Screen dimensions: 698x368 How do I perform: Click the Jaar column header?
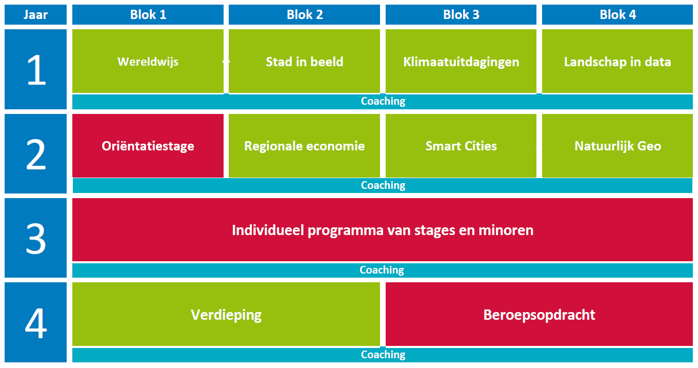(35, 14)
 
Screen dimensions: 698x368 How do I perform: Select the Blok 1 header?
(148, 14)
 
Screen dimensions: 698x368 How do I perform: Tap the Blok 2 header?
(305, 14)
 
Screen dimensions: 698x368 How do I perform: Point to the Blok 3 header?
(461, 14)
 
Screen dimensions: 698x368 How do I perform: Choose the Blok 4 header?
(617, 14)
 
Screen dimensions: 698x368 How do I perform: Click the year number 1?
(36, 70)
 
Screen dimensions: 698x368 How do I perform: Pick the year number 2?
(36, 154)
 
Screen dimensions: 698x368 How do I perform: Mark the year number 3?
(36, 239)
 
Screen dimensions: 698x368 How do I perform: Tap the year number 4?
(36, 323)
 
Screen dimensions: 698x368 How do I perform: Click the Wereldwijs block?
(148, 61)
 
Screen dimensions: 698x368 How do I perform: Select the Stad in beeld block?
(305, 61)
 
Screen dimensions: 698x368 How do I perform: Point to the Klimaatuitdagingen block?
(461, 61)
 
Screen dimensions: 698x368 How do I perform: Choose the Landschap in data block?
(617, 61)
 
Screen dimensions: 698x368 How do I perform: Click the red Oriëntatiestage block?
(148, 146)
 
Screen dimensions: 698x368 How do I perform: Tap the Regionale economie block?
(305, 146)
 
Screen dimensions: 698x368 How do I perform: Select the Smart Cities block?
(461, 146)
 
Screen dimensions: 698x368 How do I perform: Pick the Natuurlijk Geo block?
(617, 146)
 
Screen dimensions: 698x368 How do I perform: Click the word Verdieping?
(226, 315)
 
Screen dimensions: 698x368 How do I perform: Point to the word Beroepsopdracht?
(540, 315)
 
